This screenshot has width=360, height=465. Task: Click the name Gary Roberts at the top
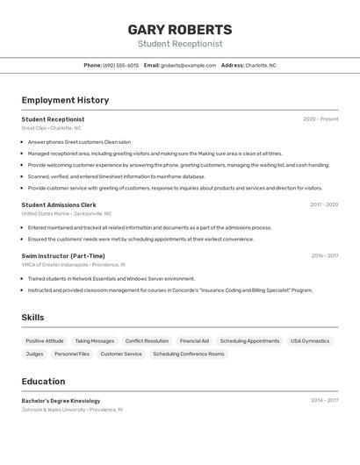point(180,29)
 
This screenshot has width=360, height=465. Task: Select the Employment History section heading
point(65,100)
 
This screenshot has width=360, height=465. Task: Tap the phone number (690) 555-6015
point(121,65)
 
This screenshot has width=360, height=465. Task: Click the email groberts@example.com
point(188,65)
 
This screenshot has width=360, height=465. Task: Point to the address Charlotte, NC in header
point(261,65)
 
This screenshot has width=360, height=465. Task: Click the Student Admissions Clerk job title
point(59,204)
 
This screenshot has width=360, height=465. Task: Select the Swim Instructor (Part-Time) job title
point(63,255)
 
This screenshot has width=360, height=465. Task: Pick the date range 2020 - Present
point(320,119)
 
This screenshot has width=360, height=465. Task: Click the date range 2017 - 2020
point(324,204)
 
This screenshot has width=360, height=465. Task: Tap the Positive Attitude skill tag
point(45,340)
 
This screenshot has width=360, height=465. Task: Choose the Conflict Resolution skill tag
point(147,340)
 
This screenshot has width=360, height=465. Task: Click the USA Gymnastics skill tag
point(310,340)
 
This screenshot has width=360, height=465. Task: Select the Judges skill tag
point(34,354)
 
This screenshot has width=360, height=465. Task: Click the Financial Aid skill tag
point(194,340)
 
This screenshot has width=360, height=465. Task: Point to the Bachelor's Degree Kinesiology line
point(61,400)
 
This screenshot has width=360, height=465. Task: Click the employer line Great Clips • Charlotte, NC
point(51,128)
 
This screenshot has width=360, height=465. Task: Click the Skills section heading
point(32,318)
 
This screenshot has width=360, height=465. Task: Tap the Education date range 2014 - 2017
point(324,400)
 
